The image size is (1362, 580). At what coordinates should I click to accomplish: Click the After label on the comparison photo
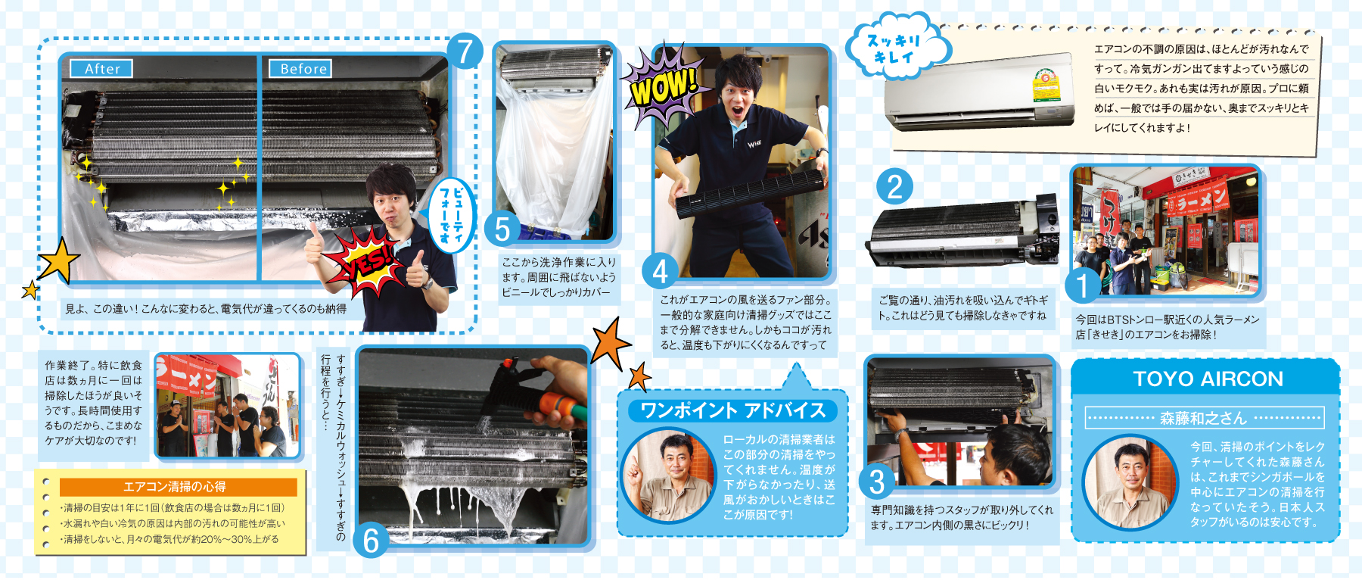pyautogui.click(x=101, y=69)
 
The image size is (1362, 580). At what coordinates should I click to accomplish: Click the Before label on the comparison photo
pyautogui.click(x=301, y=69)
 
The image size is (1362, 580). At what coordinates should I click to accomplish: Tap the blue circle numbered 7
pyautogui.click(x=465, y=51)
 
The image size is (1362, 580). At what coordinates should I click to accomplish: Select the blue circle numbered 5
pyautogui.click(x=502, y=229)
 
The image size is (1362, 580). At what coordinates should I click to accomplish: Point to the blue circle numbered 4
pyautogui.click(x=660, y=270)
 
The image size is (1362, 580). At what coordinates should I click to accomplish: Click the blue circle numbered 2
pyautogui.click(x=894, y=186)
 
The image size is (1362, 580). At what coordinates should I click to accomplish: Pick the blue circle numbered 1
pyautogui.click(x=1083, y=286)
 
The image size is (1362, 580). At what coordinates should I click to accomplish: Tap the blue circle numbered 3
pyautogui.click(x=877, y=480)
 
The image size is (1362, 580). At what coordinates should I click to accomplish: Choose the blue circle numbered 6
pyautogui.click(x=372, y=541)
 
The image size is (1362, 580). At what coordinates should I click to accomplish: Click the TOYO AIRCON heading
pyautogui.click(x=1208, y=379)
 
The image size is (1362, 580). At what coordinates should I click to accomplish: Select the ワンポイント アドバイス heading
pyautogui.click(x=732, y=410)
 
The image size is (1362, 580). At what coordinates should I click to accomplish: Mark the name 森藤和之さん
pyautogui.click(x=1203, y=418)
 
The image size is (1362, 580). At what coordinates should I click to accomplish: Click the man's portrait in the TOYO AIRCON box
pyautogui.click(x=1131, y=482)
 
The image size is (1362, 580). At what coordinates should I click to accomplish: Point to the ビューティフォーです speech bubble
pyautogui.click(x=451, y=215)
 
